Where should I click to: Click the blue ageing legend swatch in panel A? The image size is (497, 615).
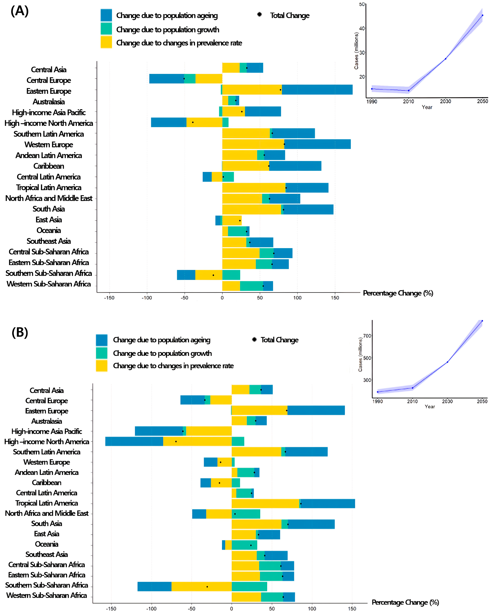click(x=106, y=15)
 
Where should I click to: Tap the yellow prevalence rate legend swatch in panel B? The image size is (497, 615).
click(x=102, y=366)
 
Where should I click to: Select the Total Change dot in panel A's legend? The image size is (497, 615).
click(x=259, y=14)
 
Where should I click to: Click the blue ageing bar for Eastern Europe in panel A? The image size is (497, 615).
click(x=317, y=90)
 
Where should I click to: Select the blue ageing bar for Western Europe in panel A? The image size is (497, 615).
click(x=317, y=144)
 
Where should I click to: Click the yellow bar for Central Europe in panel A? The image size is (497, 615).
click(x=209, y=79)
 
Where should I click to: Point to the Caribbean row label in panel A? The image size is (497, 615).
click(x=49, y=166)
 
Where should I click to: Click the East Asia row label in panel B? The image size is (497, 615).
click(x=47, y=534)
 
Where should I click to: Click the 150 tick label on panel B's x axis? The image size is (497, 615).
click(x=352, y=608)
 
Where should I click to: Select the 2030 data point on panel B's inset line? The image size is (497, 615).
click(x=447, y=362)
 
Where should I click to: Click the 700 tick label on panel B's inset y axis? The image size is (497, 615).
click(x=367, y=336)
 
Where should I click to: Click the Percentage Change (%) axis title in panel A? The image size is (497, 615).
click(x=398, y=293)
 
